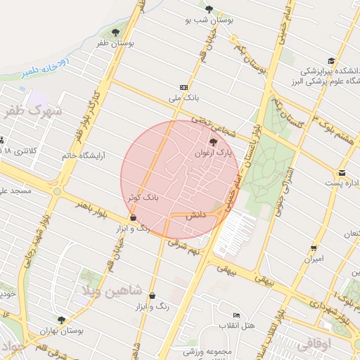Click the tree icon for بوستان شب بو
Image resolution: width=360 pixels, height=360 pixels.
[209, 10]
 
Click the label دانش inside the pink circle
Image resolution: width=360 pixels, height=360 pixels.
[195, 219]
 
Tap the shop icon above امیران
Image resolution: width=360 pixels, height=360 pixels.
[313, 247]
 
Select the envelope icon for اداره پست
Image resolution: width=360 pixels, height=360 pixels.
[342, 173]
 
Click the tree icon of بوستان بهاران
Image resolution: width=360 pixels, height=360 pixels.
[61, 319]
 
